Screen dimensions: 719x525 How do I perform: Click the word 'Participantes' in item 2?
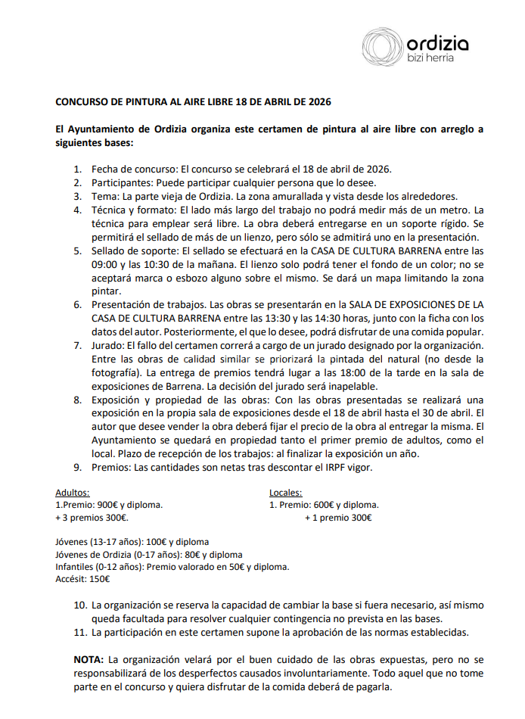[119, 182]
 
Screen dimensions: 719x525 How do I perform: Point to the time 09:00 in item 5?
[104, 264]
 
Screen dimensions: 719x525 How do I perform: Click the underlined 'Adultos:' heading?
[73, 493]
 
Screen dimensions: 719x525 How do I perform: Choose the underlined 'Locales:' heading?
[286, 493]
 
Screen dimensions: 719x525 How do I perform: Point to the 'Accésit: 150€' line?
[82, 579]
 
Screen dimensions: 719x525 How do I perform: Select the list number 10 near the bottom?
[79, 605]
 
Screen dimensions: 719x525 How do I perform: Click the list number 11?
[79, 632]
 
